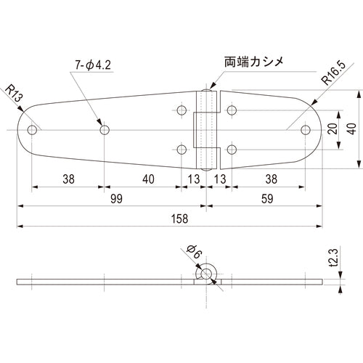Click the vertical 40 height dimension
(x=351, y=129)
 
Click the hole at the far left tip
(x=32, y=130)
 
